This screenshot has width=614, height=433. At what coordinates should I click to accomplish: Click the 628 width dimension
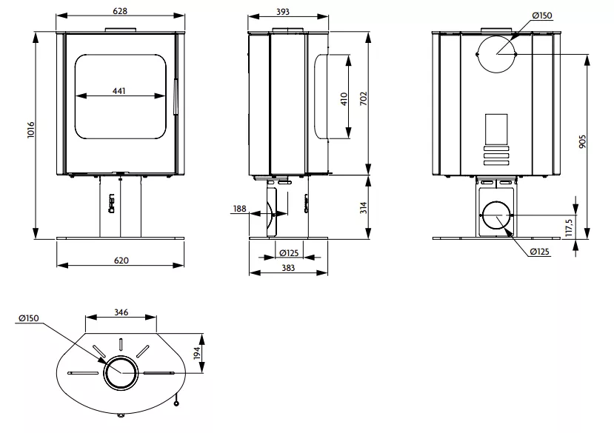[x=120, y=11]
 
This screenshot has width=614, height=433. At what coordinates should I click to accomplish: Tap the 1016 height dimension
[x=31, y=130]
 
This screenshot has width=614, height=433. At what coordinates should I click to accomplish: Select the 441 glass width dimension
[x=119, y=91]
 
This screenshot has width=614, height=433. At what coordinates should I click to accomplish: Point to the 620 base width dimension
[x=121, y=261]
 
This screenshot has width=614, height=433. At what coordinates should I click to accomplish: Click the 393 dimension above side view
[x=283, y=12]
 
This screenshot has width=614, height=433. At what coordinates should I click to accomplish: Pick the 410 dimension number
[x=344, y=98]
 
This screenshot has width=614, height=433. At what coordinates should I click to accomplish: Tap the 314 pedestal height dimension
[x=364, y=207]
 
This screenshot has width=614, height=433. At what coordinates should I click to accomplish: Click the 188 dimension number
[x=240, y=208]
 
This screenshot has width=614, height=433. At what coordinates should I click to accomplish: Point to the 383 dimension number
[x=288, y=268]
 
